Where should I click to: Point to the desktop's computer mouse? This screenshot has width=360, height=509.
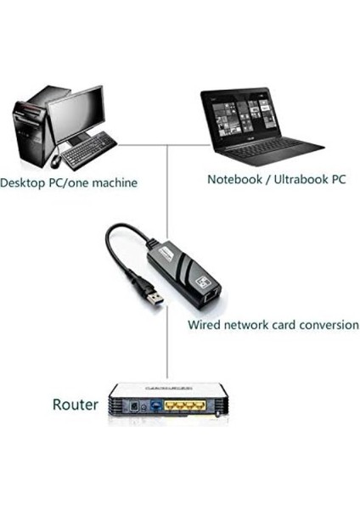[x=54, y=159]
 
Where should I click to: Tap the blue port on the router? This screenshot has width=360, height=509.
[x=157, y=408]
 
